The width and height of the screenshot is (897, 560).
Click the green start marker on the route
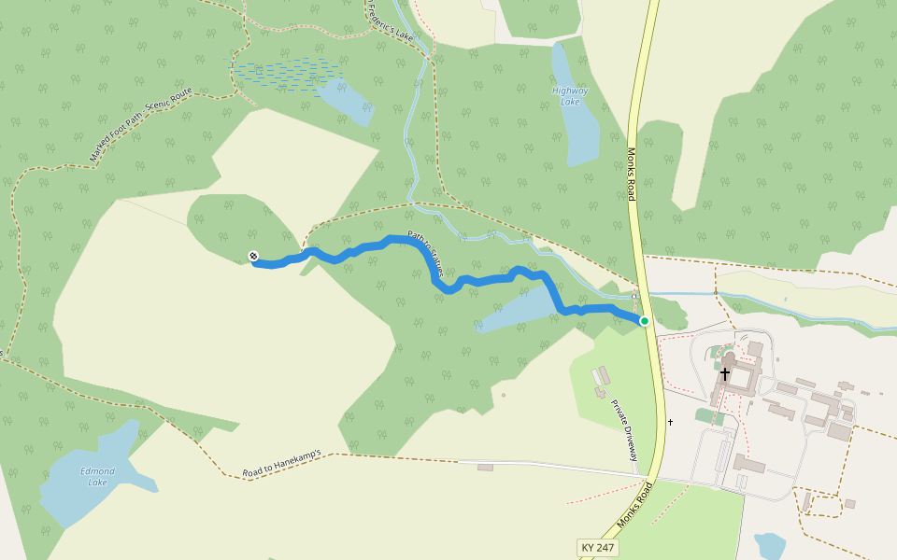coord(645,321)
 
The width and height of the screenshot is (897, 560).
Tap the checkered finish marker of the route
coord(253,256)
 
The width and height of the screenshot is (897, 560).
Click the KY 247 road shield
coord(598,547)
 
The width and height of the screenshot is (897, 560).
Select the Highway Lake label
coord(570,95)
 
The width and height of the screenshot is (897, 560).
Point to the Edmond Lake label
coord(97,476)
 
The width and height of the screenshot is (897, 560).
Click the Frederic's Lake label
coord(390,21)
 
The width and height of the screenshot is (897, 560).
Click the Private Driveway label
coord(624,430)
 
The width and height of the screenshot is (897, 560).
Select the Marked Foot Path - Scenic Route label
coord(141,125)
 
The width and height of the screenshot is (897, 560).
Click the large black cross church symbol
coord(725,373)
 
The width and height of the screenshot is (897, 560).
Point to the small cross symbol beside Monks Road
coord(670,422)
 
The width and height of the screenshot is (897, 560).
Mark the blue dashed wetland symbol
coord(285,73)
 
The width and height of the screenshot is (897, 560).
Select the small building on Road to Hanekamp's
coord(485,467)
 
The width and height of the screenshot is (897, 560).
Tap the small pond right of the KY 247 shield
coord(770,547)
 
